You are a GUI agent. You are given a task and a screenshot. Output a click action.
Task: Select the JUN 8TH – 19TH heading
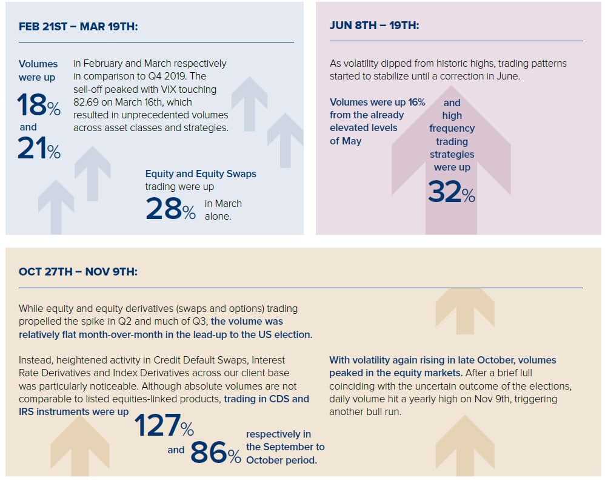(374, 25)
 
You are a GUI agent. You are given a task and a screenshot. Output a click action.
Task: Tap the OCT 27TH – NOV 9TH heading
(78, 271)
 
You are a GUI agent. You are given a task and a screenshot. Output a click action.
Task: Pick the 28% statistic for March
(170, 209)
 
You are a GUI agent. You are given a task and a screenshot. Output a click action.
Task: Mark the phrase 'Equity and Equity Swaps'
(201, 174)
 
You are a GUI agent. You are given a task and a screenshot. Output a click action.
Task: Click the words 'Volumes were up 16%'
(377, 102)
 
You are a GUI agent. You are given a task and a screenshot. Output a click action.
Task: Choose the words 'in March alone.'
(223, 210)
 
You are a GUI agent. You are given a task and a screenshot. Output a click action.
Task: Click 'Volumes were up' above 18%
(38, 70)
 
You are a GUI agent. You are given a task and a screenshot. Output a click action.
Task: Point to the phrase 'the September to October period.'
(285, 453)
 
